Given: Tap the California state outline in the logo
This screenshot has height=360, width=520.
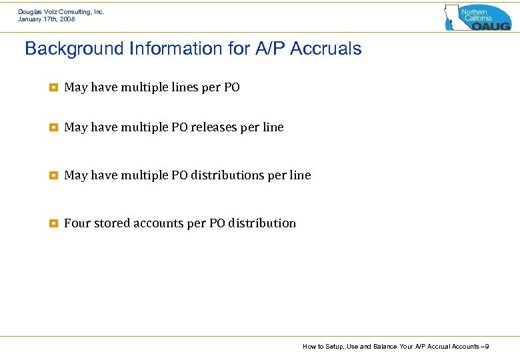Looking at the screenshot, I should [453, 17].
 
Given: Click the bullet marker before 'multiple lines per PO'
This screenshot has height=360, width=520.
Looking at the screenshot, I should [53, 87].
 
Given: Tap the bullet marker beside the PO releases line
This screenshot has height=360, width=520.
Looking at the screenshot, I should [53, 127].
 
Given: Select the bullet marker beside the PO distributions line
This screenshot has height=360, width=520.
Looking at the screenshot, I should [53, 175].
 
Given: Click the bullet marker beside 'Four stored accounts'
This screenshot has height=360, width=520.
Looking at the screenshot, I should [53, 223].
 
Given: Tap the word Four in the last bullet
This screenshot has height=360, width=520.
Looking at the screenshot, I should [77, 223].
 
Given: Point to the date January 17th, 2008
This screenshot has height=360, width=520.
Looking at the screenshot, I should [47, 19].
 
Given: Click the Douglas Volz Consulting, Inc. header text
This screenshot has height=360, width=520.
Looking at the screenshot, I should [61, 11].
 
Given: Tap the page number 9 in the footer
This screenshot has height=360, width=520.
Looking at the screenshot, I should [488, 347].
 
